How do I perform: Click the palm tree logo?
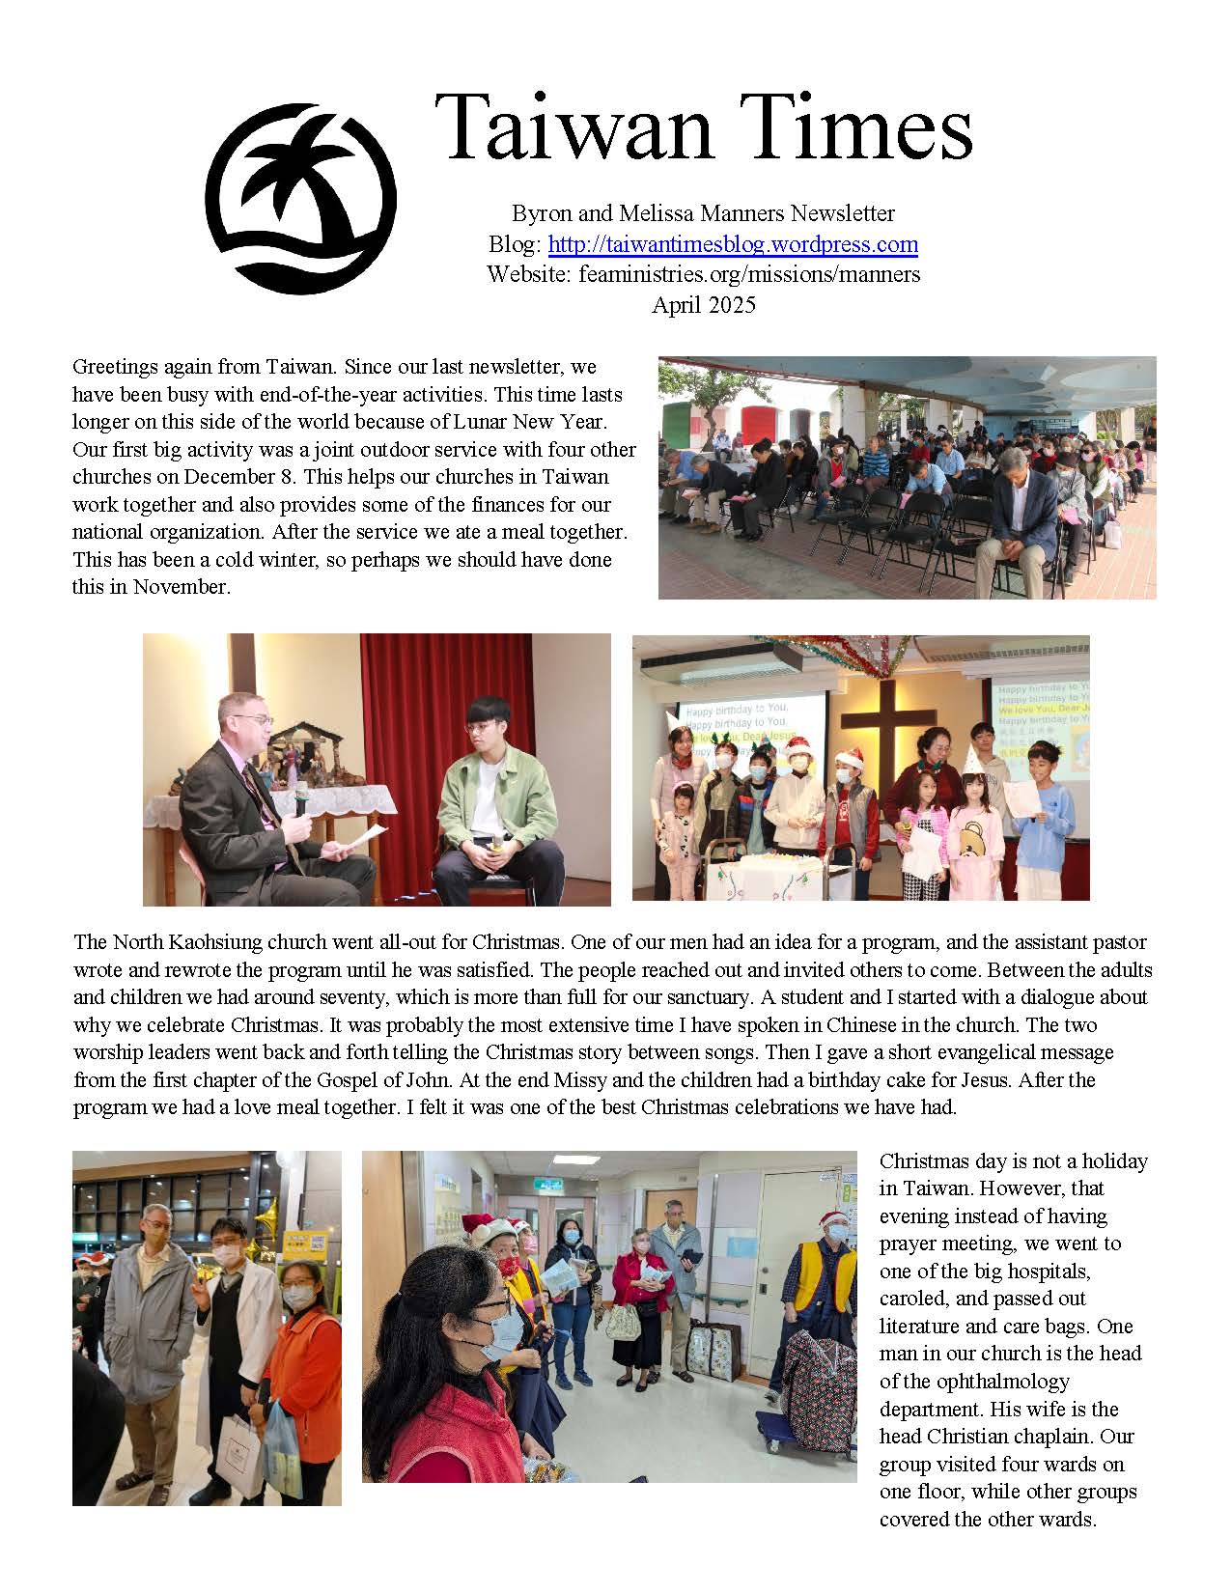click(300, 199)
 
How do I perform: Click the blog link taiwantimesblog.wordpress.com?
click(733, 244)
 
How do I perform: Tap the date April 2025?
click(703, 305)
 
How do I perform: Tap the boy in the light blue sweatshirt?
click(1044, 821)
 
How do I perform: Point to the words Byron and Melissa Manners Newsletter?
click(703, 213)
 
